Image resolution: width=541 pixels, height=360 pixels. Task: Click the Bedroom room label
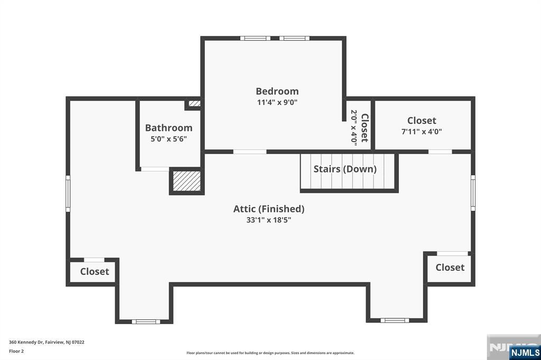pyautogui.click(x=277, y=91)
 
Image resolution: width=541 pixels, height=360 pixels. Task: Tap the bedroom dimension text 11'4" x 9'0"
pyautogui.click(x=277, y=102)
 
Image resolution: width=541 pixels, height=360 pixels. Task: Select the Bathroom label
pyautogui.click(x=169, y=128)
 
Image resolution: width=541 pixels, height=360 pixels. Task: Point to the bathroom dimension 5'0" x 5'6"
pyautogui.click(x=169, y=139)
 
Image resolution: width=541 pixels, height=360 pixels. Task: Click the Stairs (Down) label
pyautogui.click(x=345, y=169)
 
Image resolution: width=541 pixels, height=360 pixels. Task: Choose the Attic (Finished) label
pyautogui.click(x=269, y=209)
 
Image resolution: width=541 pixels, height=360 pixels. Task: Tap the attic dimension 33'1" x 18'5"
pyautogui.click(x=269, y=220)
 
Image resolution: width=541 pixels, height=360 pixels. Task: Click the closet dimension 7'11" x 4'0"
pyautogui.click(x=422, y=131)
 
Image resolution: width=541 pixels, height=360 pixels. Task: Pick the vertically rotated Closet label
pyautogui.click(x=365, y=128)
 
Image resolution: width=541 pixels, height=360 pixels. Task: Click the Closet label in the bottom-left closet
pyautogui.click(x=95, y=271)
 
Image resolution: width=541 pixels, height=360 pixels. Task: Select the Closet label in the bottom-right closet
pyautogui.click(x=450, y=267)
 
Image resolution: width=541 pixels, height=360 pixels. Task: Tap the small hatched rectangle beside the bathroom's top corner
pyautogui.click(x=195, y=104)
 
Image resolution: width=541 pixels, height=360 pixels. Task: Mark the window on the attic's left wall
pyautogui.click(x=68, y=194)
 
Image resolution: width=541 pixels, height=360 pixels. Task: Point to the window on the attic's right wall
pyautogui.click(x=473, y=193)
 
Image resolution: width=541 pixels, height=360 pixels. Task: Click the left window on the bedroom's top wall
pyautogui.click(x=255, y=38)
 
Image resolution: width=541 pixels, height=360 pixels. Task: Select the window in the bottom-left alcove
pyautogui.click(x=145, y=321)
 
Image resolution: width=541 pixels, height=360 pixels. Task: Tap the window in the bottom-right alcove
pyautogui.click(x=395, y=320)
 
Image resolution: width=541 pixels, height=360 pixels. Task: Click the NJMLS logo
pyautogui.click(x=525, y=352)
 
